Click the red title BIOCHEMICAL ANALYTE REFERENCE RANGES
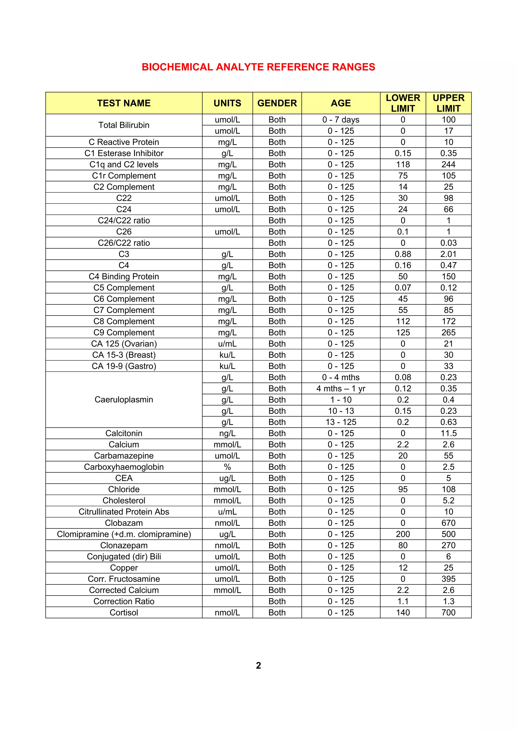[x=258, y=67]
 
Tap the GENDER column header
[x=277, y=103]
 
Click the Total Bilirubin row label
[x=124, y=125]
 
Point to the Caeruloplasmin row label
[x=124, y=400]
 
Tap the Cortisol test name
[x=124, y=613]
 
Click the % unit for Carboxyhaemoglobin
[x=227, y=467]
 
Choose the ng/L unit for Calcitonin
[x=227, y=433]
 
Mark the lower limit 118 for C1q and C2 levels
[x=403, y=164]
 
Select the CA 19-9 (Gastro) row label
[x=124, y=366]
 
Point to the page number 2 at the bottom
[x=258, y=665]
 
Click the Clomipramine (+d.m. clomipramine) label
[x=124, y=534]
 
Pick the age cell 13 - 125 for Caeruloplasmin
[x=341, y=422]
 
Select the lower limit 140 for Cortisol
[x=403, y=613]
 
